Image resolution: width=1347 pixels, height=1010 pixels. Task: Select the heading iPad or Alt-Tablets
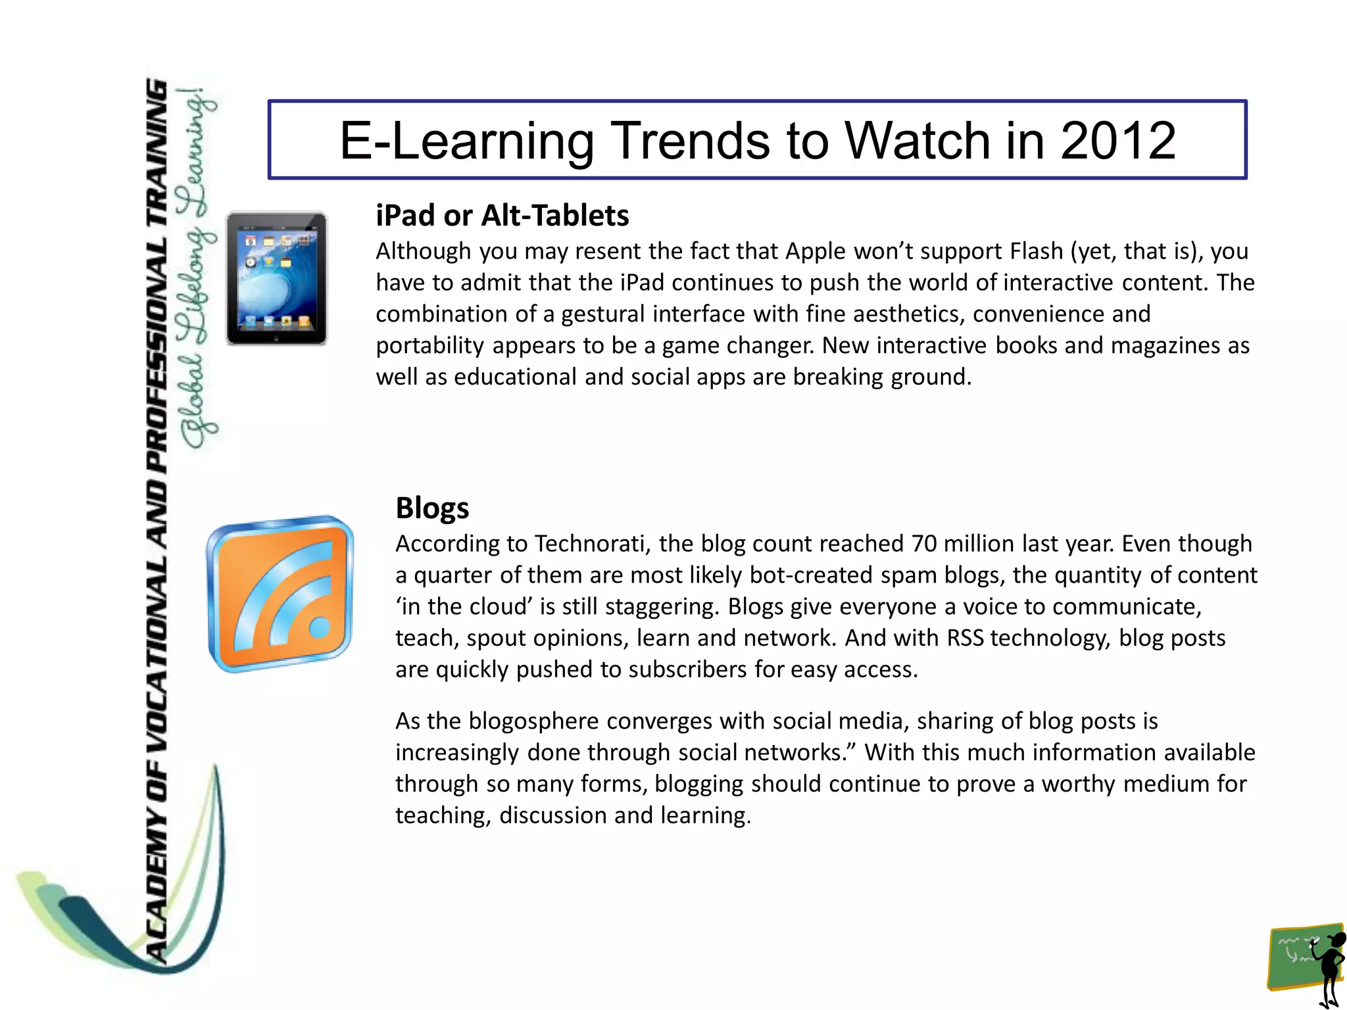pos(502,216)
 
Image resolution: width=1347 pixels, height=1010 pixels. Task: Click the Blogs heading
pos(432,508)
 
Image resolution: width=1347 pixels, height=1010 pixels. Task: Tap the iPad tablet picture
pos(277,278)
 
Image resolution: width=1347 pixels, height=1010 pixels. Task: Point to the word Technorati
pos(591,544)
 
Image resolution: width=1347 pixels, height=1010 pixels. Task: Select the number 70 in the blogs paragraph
pos(924,544)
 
